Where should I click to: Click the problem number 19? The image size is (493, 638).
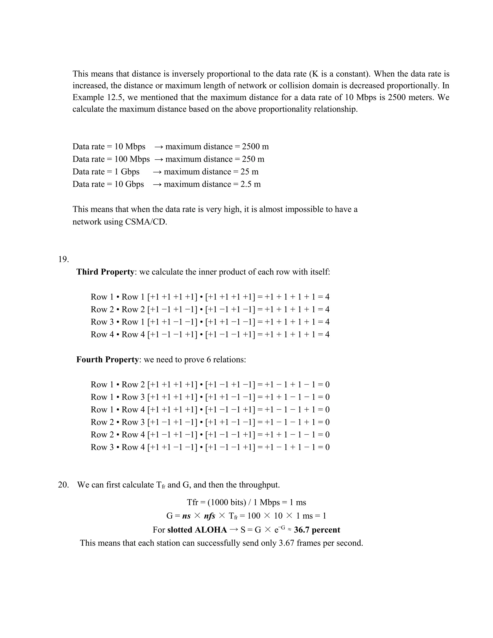pos(63,259)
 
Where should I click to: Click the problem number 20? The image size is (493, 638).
pos(63,485)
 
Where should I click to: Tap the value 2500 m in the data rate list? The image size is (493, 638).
pos(255,146)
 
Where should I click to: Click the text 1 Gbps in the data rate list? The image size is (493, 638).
pos(127,171)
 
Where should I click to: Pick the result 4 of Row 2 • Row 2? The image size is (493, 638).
pos(327,309)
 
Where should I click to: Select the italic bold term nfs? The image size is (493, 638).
pos(209,516)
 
